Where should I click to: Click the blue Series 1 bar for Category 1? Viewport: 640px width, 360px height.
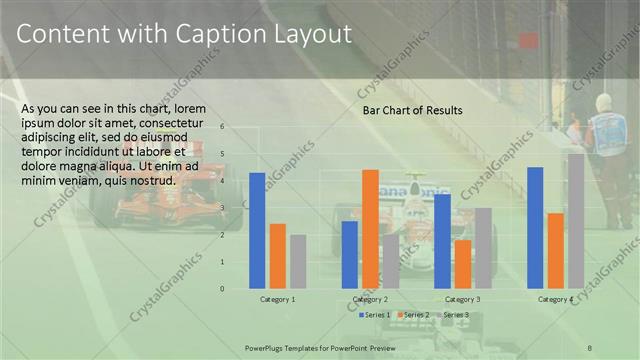(257, 231)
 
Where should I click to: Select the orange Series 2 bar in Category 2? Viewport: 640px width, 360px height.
(370, 229)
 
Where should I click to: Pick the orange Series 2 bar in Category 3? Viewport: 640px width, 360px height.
(462, 264)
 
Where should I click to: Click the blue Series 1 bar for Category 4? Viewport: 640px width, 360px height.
(535, 228)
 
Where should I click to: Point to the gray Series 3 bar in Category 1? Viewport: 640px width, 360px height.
(298, 262)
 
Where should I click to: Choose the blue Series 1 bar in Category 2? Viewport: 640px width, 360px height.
(350, 255)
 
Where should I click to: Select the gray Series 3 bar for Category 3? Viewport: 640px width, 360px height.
(483, 248)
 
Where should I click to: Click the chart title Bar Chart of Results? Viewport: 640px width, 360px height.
(412, 110)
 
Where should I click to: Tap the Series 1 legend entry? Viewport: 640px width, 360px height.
(376, 316)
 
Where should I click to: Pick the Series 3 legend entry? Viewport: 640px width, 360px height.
(456, 316)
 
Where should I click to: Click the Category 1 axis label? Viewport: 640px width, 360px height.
(277, 300)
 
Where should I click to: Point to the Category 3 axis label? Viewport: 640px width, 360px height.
(462, 300)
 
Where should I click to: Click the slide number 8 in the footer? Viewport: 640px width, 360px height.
(590, 346)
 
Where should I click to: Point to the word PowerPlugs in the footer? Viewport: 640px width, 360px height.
(268, 346)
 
